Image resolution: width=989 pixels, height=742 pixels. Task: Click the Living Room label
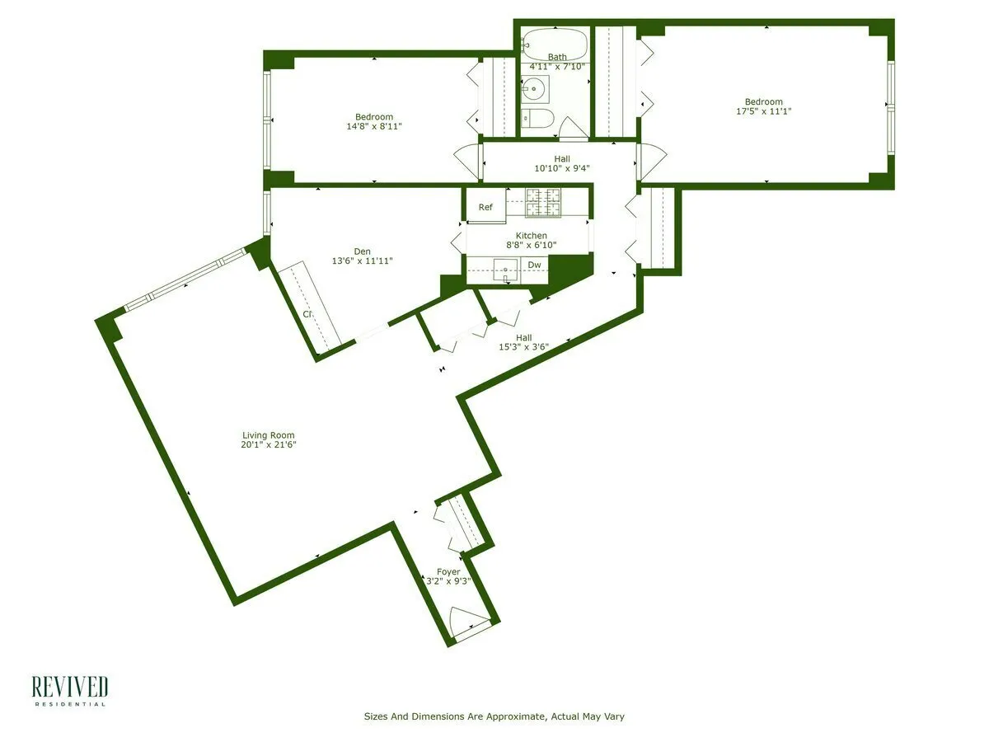pos(268,435)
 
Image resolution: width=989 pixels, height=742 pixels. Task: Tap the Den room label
pos(362,251)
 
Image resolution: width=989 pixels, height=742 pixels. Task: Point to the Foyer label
pos(448,571)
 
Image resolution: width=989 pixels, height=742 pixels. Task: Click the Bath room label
pos(557,57)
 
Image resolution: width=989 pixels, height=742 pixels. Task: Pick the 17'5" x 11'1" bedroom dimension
pos(763,111)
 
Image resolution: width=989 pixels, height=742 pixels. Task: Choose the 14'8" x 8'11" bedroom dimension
pos(374,126)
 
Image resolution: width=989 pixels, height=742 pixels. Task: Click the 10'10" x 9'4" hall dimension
pos(561,168)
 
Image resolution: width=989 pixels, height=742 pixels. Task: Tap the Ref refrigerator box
pos(485,207)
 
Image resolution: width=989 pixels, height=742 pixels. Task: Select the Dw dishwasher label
pos(534,265)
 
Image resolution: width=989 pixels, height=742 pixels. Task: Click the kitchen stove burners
pos(543,203)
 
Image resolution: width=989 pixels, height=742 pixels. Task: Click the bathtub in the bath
pos(555,42)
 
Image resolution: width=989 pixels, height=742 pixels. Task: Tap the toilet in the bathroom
pos(537,119)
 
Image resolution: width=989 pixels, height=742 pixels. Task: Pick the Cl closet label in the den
pos(307,314)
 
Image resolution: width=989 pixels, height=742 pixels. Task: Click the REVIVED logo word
pos(70,687)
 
